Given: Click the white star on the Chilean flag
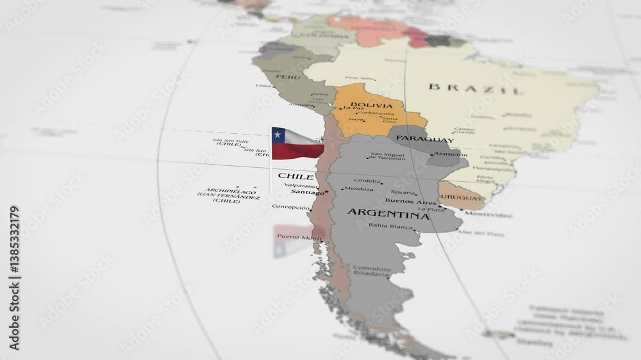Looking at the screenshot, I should (277, 135).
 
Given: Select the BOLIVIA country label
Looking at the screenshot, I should (372, 105).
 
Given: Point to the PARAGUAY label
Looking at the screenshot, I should (424, 138).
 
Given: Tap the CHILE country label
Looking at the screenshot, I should (295, 176).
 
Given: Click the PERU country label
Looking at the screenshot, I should (269, 77).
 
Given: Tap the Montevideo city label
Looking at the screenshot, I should (488, 215).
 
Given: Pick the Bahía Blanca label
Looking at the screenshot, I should (390, 225).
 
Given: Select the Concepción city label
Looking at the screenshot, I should (290, 207).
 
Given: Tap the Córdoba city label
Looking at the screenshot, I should (367, 181).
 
